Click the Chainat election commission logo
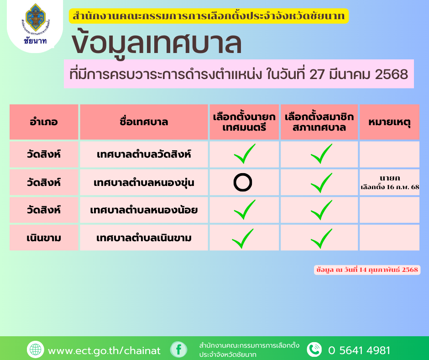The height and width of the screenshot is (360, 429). pyautogui.click(x=36, y=23)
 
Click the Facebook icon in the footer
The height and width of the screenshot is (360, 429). pyautogui.click(x=178, y=349)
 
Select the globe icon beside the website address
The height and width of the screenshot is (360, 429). pyautogui.click(x=35, y=349)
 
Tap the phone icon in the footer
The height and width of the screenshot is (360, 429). pyautogui.click(x=314, y=349)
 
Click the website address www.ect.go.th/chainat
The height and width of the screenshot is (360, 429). pyautogui.click(x=104, y=350)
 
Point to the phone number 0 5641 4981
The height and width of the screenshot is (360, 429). pyautogui.click(x=359, y=350)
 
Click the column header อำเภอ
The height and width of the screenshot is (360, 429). pyautogui.click(x=44, y=122)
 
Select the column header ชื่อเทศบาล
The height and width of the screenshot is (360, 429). pyautogui.click(x=144, y=122)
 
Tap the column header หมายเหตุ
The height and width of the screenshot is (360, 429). pyautogui.click(x=389, y=122)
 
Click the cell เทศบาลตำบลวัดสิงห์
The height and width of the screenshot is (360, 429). pyautogui.click(x=144, y=154)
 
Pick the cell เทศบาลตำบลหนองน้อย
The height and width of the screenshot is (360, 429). pyautogui.click(x=144, y=210)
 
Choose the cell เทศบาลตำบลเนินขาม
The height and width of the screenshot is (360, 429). pyautogui.click(x=144, y=238)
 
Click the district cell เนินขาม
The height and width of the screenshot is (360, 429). pyautogui.click(x=44, y=238)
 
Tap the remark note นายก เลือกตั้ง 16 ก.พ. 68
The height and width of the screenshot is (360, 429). pyautogui.click(x=390, y=182)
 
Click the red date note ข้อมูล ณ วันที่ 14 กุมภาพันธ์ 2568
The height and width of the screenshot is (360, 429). pyautogui.click(x=367, y=270)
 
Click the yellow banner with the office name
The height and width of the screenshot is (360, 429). pyautogui.click(x=209, y=16)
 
